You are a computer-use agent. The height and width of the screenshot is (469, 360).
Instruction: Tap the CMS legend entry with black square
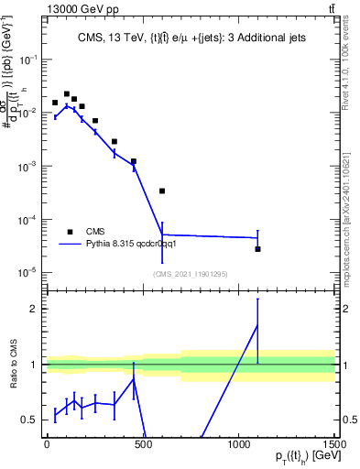pyautogui.click(x=82, y=231)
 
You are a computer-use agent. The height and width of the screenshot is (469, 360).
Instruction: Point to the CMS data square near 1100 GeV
pyautogui.click(x=257, y=249)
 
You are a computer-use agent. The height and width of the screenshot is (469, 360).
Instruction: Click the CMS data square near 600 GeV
pyautogui.click(x=162, y=191)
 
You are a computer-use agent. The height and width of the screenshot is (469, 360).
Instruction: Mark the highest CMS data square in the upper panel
pyautogui.click(x=67, y=93)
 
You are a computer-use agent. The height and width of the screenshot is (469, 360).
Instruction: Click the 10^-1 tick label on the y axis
pyautogui.click(x=27, y=59)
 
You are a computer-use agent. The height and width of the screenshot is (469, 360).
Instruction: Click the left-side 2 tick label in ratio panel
pyautogui.click(x=35, y=309)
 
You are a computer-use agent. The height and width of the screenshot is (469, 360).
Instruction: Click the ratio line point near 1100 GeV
pyautogui.click(x=257, y=325)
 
